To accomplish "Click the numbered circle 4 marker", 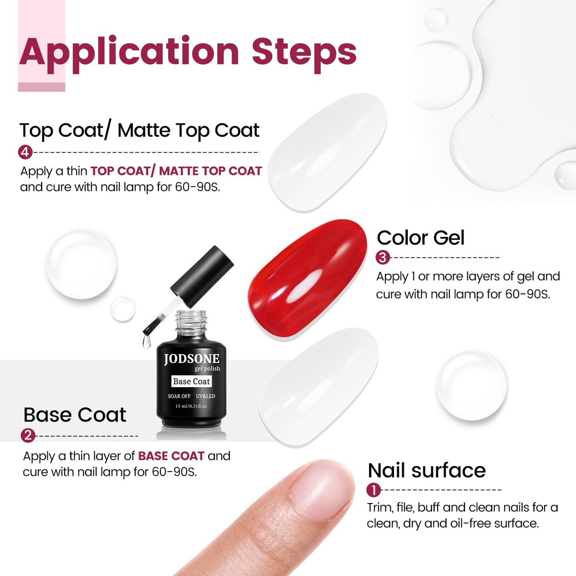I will (x=25, y=152).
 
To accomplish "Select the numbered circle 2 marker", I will (x=28, y=435).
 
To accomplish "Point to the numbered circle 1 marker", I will (x=374, y=490).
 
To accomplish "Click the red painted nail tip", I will (x=307, y=278).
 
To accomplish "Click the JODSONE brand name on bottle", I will (x=191, y=359).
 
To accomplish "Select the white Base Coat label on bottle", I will (x=191, y=381).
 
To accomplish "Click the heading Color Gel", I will (x=421, y=238).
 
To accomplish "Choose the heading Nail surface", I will (x=427, y=470).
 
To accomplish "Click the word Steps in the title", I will (x=304, y=52).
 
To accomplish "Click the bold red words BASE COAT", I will (x=171, y=456).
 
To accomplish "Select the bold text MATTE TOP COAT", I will (x=210, y=171).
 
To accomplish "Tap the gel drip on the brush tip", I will (x=146, y=341).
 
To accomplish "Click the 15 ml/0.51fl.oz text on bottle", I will (x=191, y=406).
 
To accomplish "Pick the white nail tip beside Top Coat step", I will (x=327, y=153).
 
